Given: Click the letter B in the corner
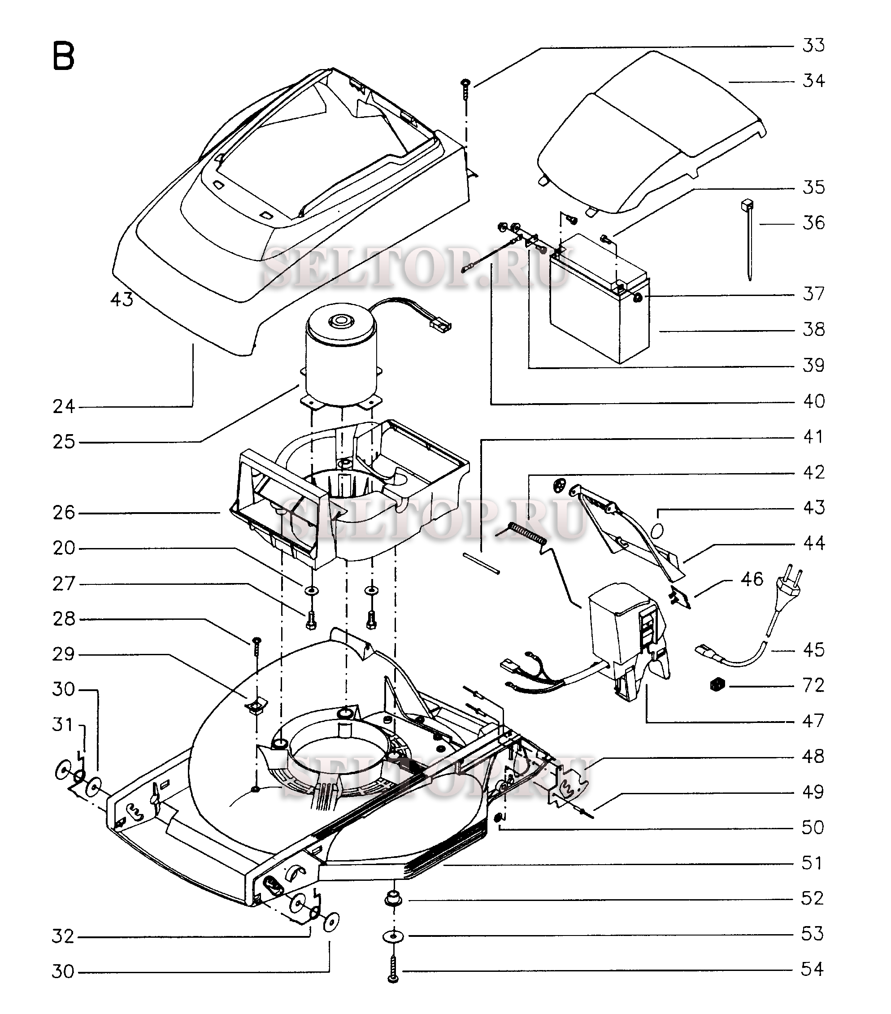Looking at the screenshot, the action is coord(63,56).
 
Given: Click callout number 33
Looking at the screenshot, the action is coord(813,46).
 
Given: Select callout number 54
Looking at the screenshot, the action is coord(812,969).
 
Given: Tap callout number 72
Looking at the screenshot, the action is coord(813,685).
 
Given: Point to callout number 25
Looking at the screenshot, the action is coord(64,441).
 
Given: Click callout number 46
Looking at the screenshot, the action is coord(752,579).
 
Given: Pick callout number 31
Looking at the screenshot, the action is coord(63,725).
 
